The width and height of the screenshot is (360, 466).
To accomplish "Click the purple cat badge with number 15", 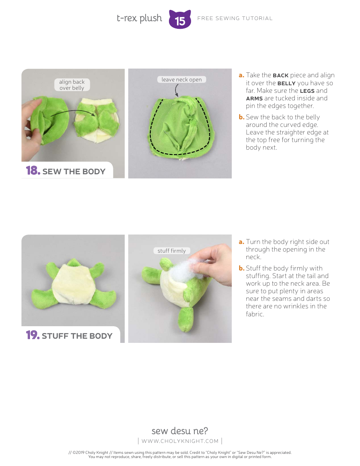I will click(180, 19).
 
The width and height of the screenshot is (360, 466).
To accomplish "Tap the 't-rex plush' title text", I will click(139, 18).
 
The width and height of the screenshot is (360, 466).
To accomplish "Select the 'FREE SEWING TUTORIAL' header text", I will click(235, 18).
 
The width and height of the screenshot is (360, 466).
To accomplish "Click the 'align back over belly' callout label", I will click(72, 85).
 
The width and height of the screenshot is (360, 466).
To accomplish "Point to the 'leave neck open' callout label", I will click(182, 80).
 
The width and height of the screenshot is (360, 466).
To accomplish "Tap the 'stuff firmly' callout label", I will click(172, 251).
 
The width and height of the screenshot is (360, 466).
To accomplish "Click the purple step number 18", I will click(33, 171).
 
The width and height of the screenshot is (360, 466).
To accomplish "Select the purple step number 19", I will click(33, 335).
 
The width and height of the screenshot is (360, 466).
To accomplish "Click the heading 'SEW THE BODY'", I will click(74, 172).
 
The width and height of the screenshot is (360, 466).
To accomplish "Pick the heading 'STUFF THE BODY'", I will click(77, 336).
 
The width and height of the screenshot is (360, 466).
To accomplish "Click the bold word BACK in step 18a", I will click(280, 75).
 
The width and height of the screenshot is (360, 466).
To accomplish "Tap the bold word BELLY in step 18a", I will click(286, 83).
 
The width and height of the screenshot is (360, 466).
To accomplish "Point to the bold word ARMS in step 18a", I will click(254, 99).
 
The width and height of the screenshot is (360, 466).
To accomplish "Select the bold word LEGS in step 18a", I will click(307, 91).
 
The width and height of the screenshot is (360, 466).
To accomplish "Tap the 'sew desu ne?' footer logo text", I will click(180, 431).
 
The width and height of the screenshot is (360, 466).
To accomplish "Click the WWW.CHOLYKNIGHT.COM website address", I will click(180, 441).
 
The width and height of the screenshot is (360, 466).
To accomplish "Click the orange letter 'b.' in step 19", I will click(241, 268).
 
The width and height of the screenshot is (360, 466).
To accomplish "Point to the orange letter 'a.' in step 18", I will click(241, 75).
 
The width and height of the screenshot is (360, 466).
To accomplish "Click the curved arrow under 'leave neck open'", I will click(177, 90).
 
